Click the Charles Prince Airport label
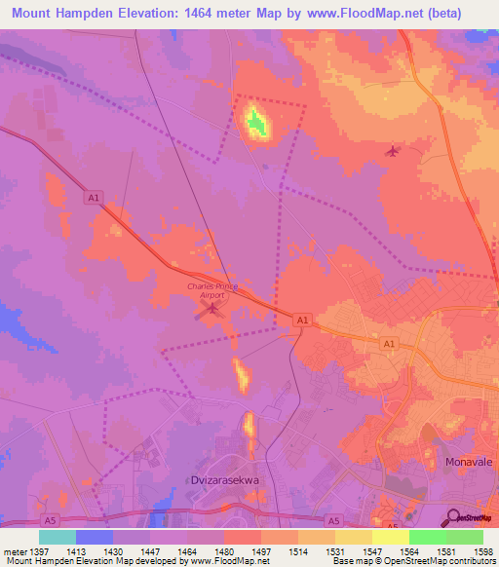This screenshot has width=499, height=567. pyautogui.click(x=211, y=289)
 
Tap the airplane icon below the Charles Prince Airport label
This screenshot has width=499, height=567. pyautogui.click(x=211, y=309)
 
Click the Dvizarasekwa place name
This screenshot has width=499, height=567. pyautogui.click(x=222, y=480)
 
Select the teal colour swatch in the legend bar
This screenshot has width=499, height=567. pyautogui.click(x=58, y=537)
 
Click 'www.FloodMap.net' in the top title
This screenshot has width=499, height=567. pyautogui.click(x=357, y=13)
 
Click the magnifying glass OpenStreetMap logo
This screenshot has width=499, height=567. pyautogui.click(x=453, y=516)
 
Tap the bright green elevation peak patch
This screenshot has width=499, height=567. pyautogui.click(x=256, y=123)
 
